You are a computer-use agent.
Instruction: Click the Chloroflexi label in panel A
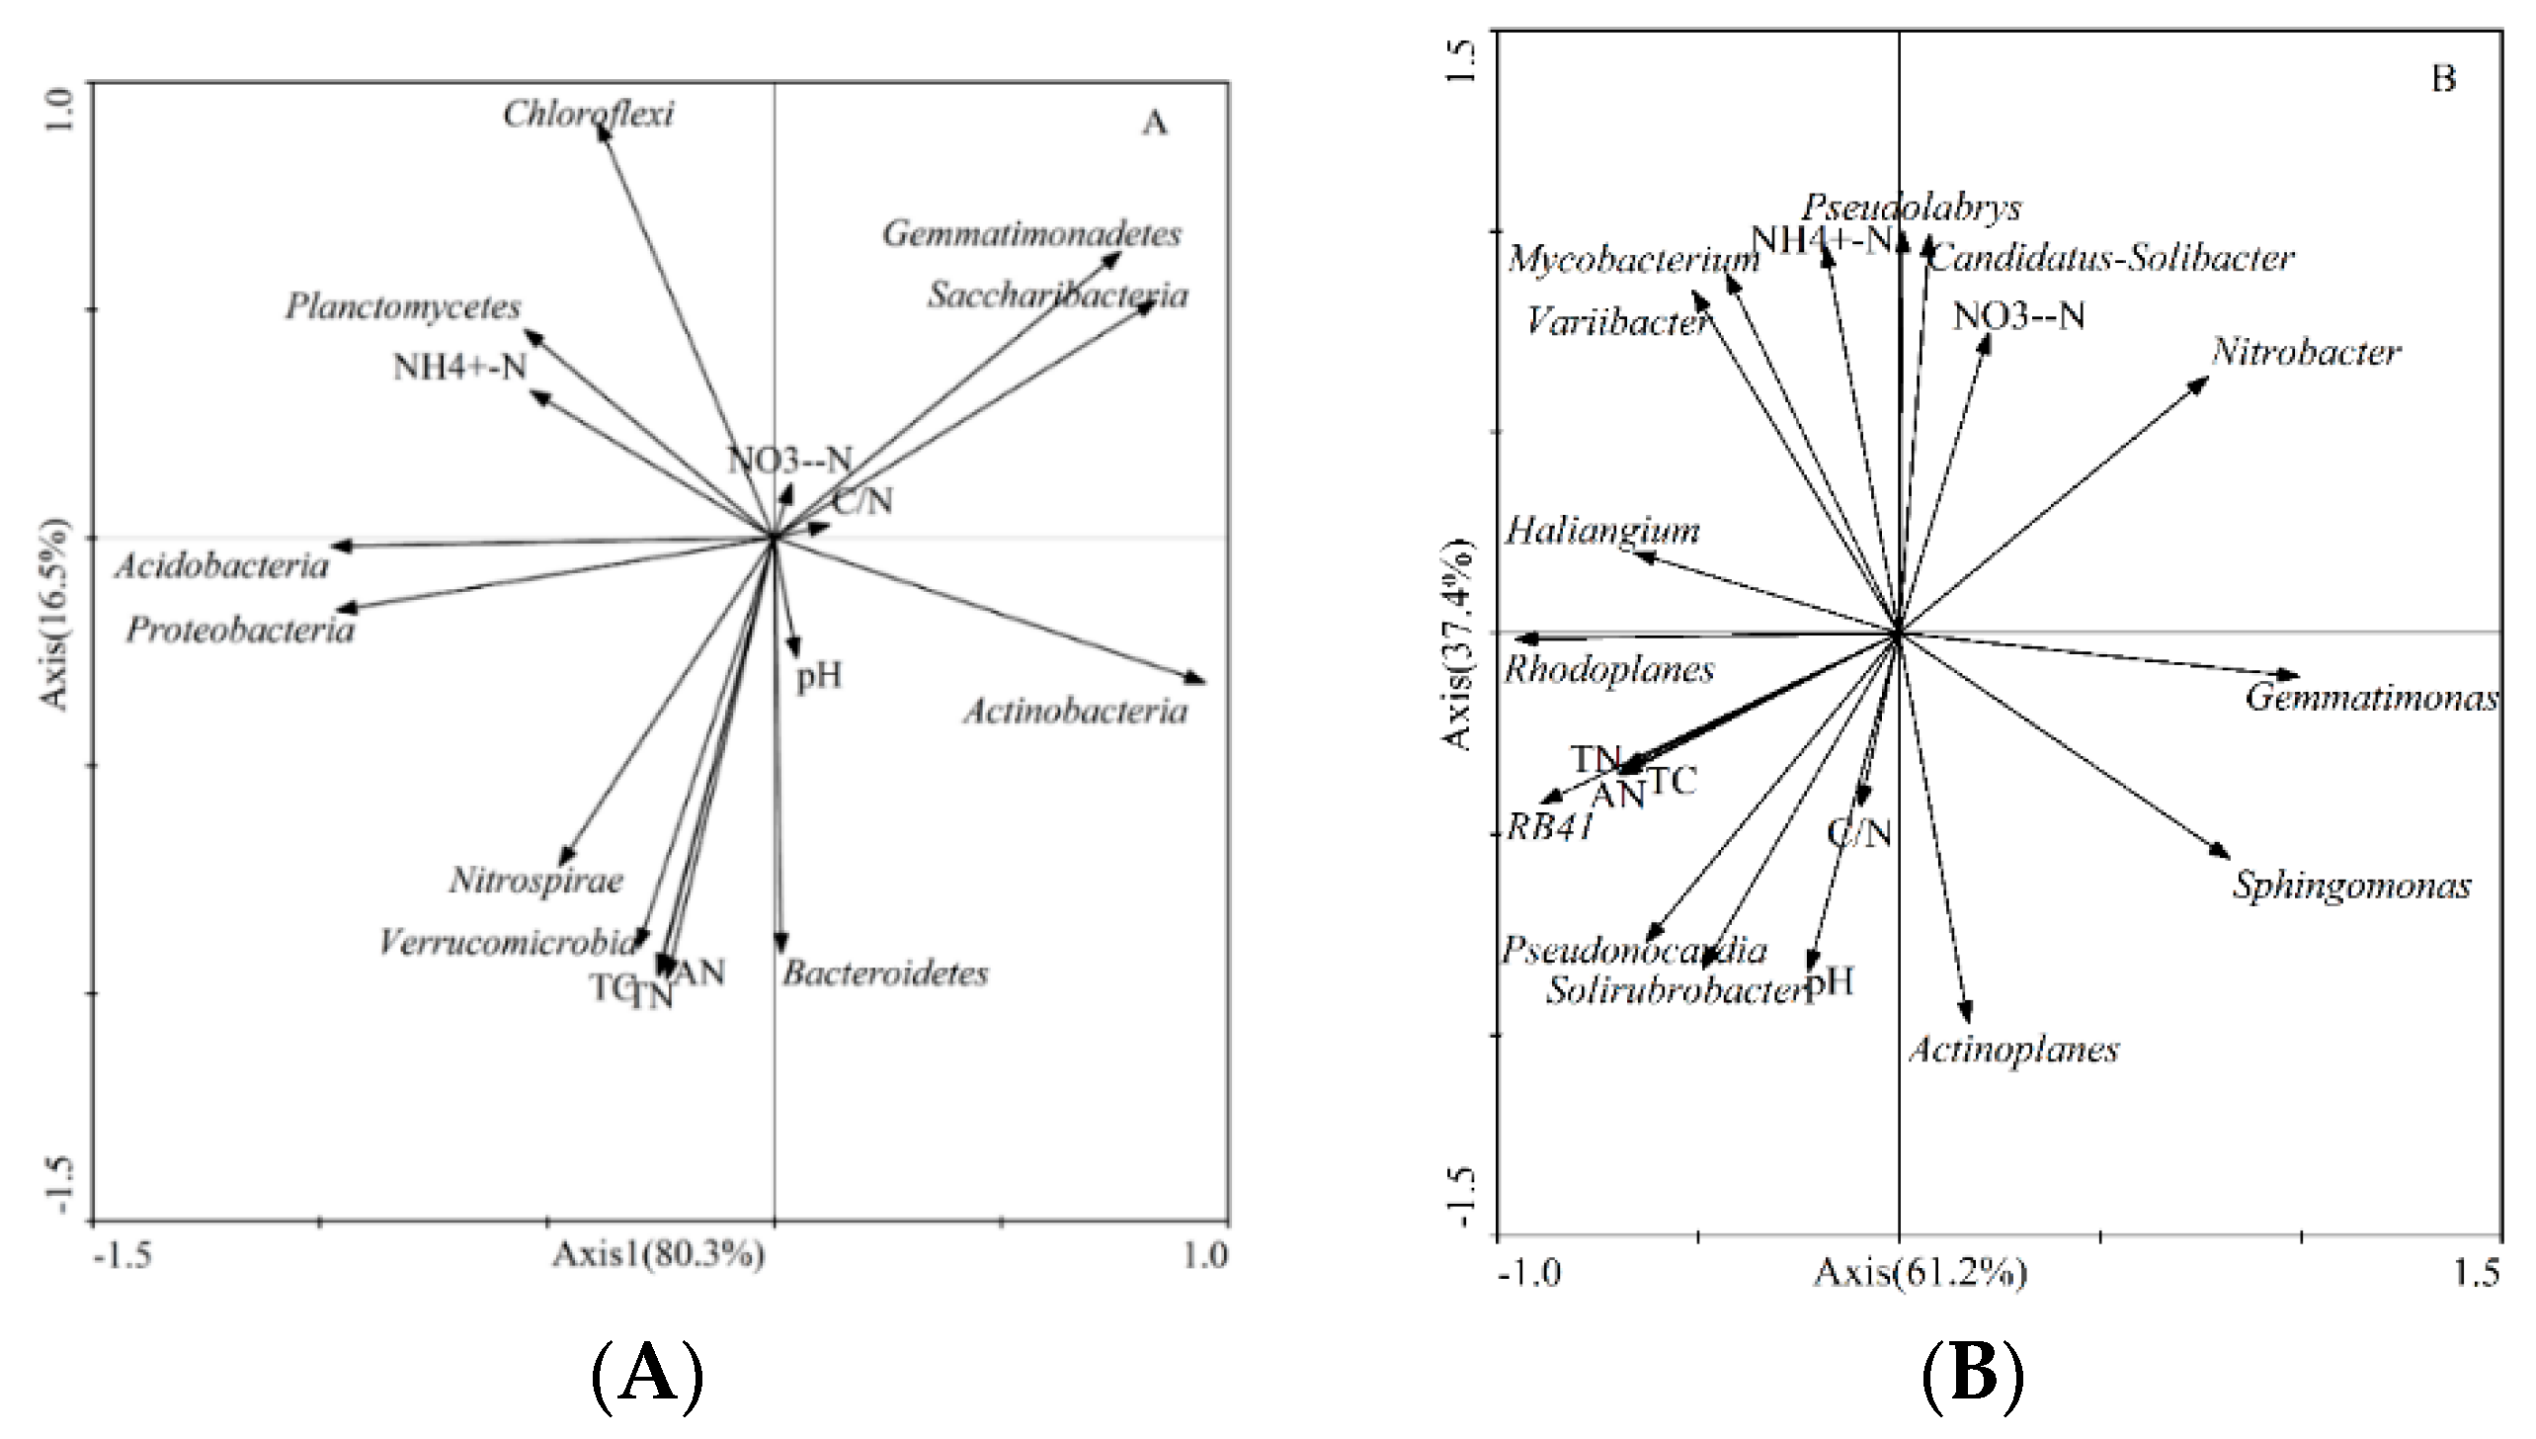tap(588, 115)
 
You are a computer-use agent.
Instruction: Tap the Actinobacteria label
tap(1075, 712)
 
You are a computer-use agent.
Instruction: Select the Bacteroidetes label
tap(885, 973)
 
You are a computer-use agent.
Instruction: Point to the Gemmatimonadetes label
tap(1031, 235)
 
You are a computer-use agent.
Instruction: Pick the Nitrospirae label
tap(536, 881)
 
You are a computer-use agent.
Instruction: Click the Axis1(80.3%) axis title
tap(658, 1256)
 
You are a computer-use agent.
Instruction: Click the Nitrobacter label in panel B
tap(2306, 353)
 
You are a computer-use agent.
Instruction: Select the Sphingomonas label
tap(2351, 886)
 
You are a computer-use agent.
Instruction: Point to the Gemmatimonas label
tap(2371, 699)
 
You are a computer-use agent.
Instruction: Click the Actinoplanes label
tap(2013, 1050)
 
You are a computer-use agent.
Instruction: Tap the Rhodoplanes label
tap(1609, 670)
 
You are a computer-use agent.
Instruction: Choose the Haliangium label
tap(1602, 532)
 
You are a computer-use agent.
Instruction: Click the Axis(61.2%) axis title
tap(1920, 1273)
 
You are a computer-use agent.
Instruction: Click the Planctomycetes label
tap(403, 307)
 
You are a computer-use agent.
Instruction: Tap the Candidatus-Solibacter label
tap(2111, 259)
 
